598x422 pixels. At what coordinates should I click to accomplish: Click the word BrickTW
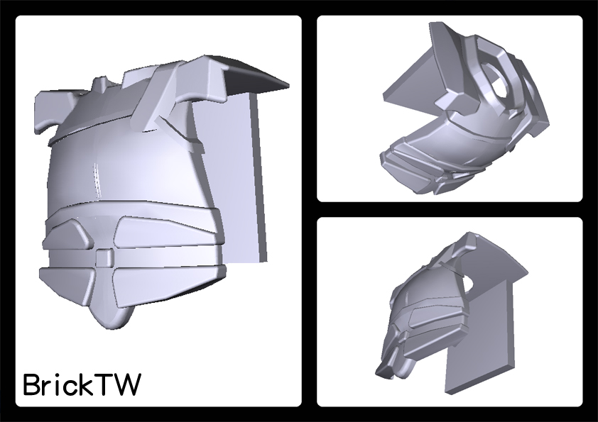[x=82, y=384]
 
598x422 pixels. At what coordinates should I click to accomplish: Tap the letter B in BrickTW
[x=31, y=384]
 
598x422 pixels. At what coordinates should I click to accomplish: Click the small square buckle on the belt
[x=104, y=257]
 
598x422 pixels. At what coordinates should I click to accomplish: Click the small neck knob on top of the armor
[x=100, y=84]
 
